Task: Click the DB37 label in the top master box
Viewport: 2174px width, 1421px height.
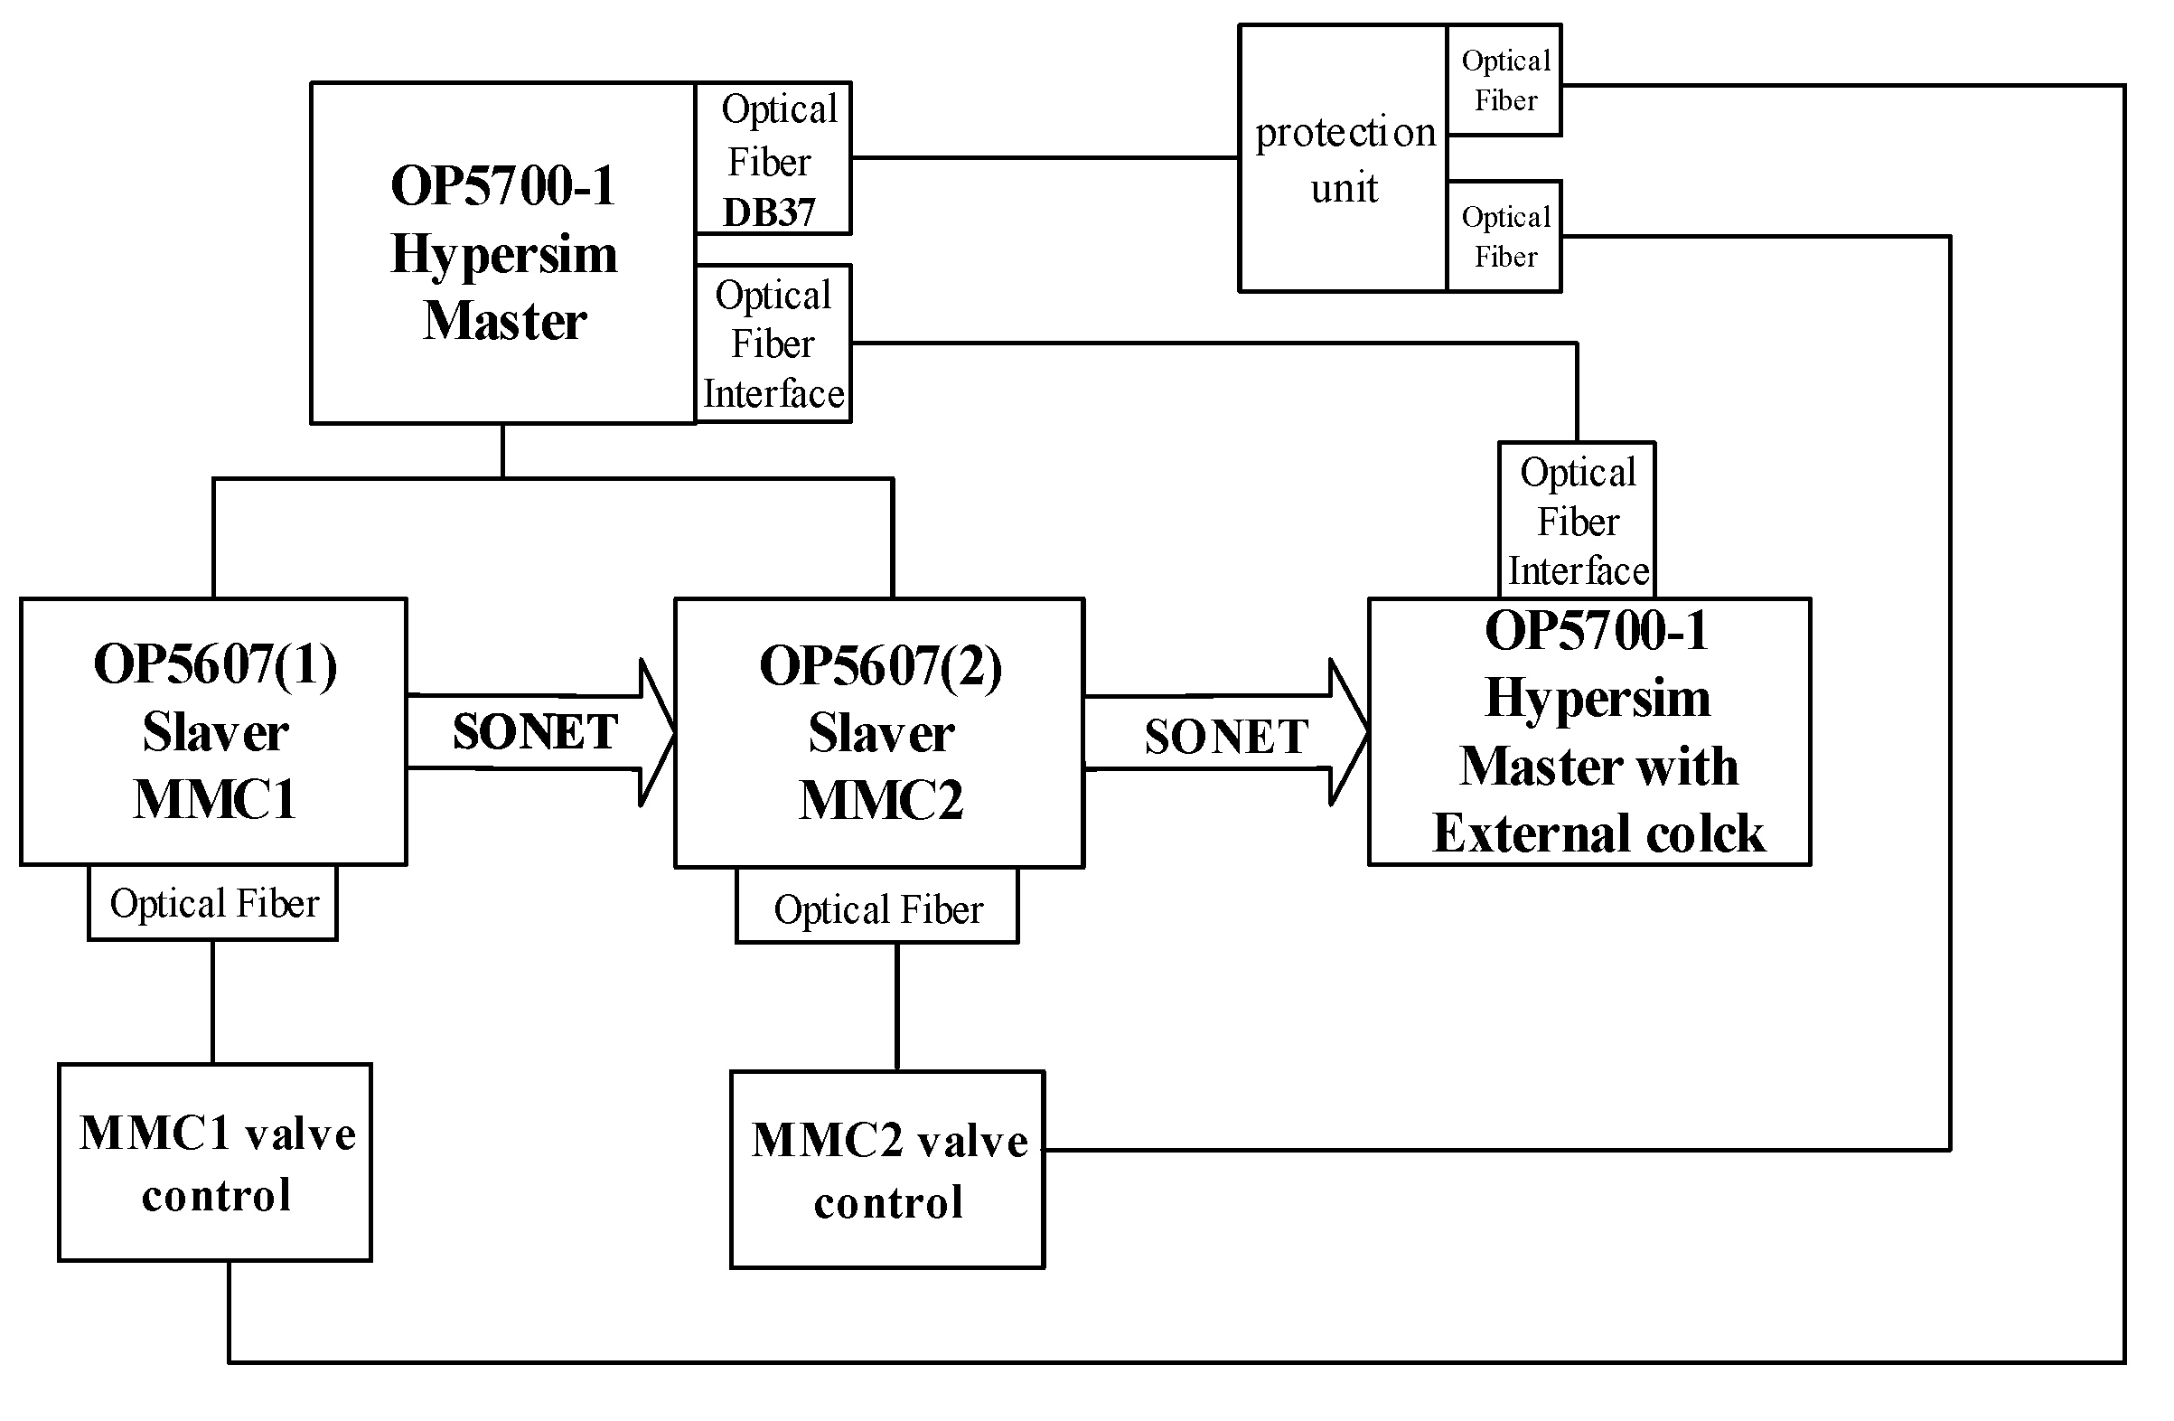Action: click(768, 213)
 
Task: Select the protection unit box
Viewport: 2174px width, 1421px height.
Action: click(1344, 160)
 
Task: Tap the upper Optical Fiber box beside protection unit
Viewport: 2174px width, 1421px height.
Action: click(1505, 80)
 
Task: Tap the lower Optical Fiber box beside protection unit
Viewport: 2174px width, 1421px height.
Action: click(1505, 237)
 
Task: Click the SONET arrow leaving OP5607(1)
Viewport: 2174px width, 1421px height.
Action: click(539, 732)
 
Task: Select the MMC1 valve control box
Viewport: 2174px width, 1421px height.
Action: click(216, 1162)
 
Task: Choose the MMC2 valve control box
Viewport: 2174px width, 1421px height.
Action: click(888, 1170)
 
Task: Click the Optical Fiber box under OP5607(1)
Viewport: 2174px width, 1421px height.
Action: click(214, 904)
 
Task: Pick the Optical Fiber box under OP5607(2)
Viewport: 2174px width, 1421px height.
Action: click(877, 909)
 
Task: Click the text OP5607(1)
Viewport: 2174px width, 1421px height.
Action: click(216, 664)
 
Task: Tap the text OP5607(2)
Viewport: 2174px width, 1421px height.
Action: click(881, 666)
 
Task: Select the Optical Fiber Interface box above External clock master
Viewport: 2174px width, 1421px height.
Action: click(1578, 521)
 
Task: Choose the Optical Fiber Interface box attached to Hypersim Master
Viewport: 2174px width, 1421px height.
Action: click(773, 344)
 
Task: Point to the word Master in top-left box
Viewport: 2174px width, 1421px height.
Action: click(504, 322)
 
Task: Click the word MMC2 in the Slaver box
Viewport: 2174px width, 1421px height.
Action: click(881, 801)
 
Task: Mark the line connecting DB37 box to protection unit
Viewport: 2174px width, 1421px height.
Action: click(1044, 158)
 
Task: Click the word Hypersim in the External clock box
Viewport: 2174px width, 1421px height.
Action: click(1598, 698)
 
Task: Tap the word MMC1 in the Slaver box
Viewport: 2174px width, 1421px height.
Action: click(216, 799)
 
